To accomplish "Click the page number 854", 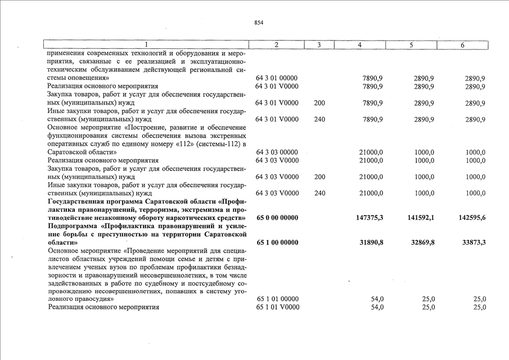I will click(x=259, y=22).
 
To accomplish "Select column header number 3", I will click(x=318, y=44).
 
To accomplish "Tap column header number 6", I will click(x=462, y=44).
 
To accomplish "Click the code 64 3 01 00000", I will click(x=277, y=78).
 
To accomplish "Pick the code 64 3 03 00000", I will click(x=277, y=152).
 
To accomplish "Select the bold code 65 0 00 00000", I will click(x=277, y=218).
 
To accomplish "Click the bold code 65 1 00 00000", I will click(x=277, y=242).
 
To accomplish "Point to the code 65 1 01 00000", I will click(x=277, y=299).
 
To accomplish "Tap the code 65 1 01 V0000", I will click(x=277, y=308).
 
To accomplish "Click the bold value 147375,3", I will click(x=370, y=218).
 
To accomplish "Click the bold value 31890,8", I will click(x=372, y=242).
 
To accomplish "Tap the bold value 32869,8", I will click(x=422, y=242).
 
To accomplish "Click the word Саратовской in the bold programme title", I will click(x=167, y=201).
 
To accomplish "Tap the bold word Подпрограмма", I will click(x=75, y=226).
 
